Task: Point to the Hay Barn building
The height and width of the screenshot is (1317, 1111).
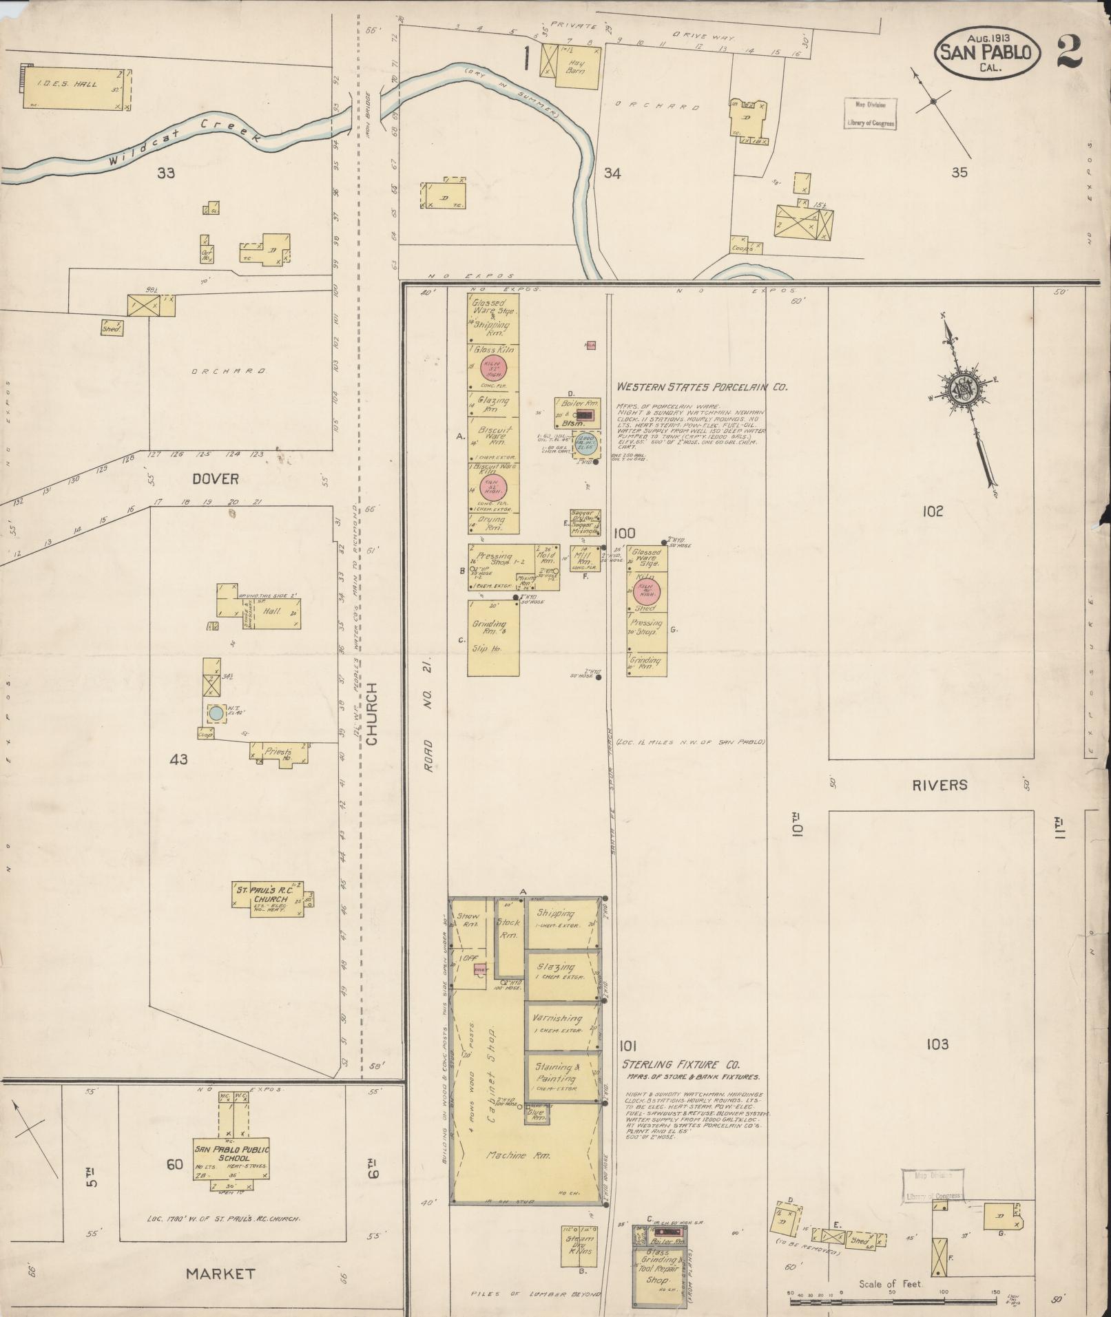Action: click(577, 66)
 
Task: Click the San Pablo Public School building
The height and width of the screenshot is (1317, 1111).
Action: click(231, 1157)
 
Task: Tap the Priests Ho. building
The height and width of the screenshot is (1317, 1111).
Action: click(278, 752)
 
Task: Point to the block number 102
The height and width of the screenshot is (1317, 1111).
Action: click(933, 512)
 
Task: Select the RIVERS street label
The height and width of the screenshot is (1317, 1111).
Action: click(940, 785)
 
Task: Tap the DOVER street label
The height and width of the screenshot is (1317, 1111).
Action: click(215, 478)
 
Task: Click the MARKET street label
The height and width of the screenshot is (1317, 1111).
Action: click(220, 1274)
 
